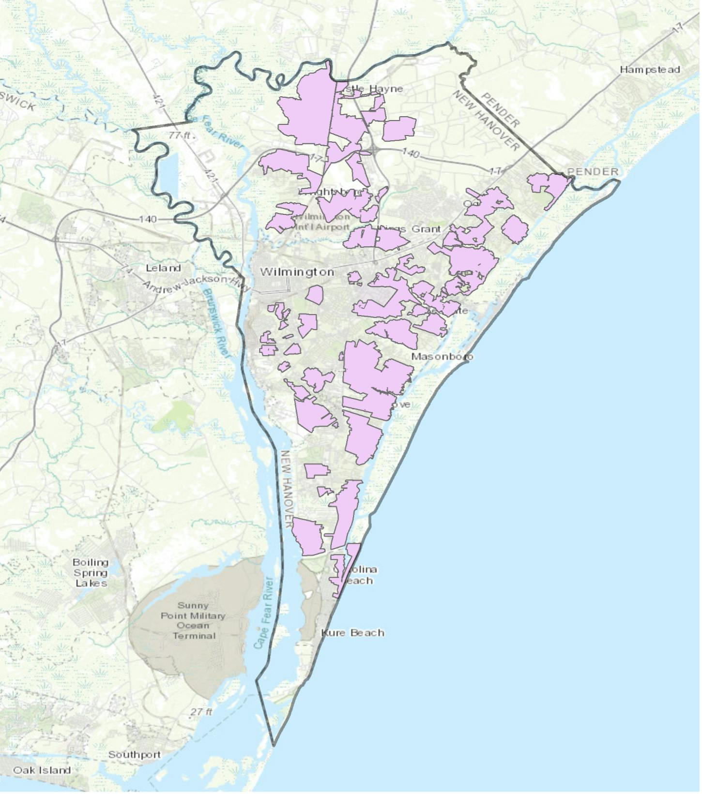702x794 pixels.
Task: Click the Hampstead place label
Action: click(x=650, y=70)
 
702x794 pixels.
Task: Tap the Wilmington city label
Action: click(x=297, y=272)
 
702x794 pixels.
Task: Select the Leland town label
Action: click(x=164, y=268)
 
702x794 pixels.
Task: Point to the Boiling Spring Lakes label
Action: click(x=91, y=572)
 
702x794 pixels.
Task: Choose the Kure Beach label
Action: click(x=353, y=633)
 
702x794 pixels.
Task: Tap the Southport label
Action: click(x=135, y=755)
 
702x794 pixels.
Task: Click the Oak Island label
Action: click(x=42, y=770)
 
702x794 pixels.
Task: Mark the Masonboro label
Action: click(x=442, y=357)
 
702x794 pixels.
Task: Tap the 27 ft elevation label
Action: click(x=201, y=712)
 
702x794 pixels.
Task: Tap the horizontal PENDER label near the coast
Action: click(x=593, y=172)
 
